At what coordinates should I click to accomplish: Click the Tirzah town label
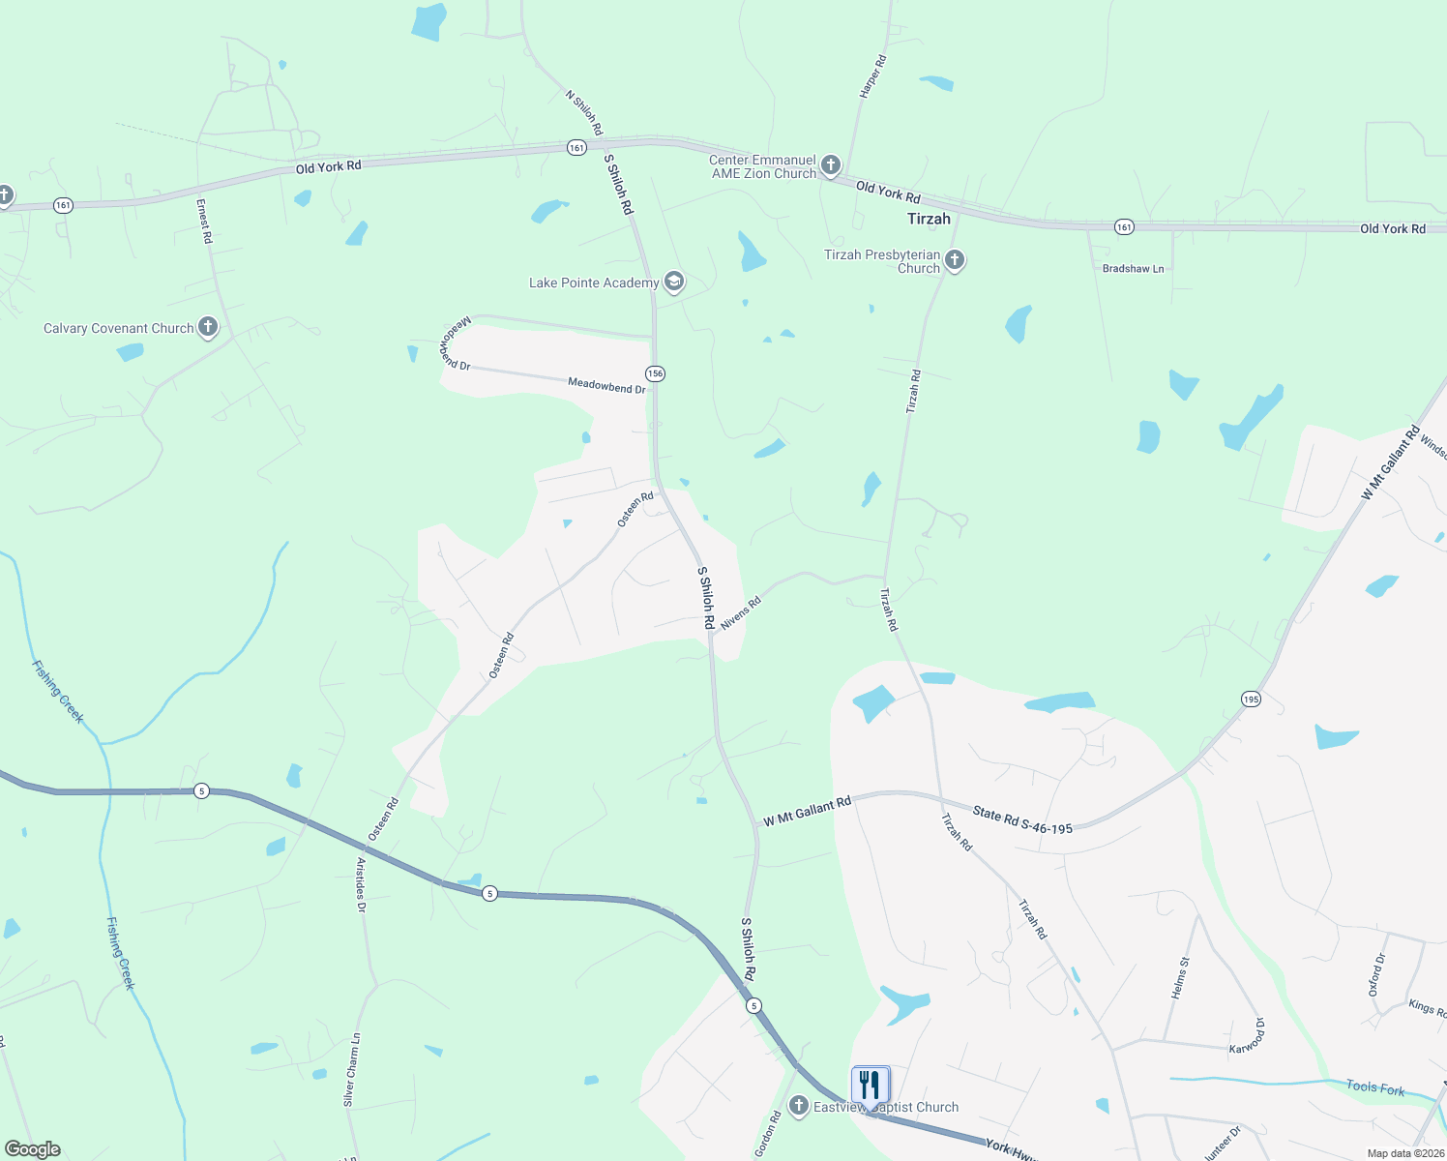(929, 219)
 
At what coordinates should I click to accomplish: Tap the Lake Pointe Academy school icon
(674, 283)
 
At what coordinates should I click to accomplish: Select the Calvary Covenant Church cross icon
(208, 327)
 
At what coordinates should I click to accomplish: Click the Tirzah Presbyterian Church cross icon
(955, 259)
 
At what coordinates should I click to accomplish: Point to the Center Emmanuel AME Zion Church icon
(830, 165)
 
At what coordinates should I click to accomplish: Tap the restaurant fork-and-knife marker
(871, 1085)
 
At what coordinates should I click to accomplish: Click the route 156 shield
(656, 373)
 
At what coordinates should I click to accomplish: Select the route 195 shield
(1252, 699)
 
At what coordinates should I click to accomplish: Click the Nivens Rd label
(741, 613)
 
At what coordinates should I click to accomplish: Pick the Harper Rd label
(872, 76)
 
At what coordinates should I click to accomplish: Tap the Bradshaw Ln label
(1133, 269)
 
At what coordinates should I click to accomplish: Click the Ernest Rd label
(204, 221)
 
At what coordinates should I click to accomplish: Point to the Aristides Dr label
(361, 884)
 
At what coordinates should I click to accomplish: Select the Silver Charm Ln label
(352, 1069)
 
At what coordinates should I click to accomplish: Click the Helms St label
(1180, 977)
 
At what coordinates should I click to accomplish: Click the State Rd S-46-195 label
(1022, 820)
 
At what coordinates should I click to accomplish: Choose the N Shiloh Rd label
(584, 113)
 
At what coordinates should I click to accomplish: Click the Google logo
(32, 1149)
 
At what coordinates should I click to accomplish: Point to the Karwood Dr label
(1247, 1036)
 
